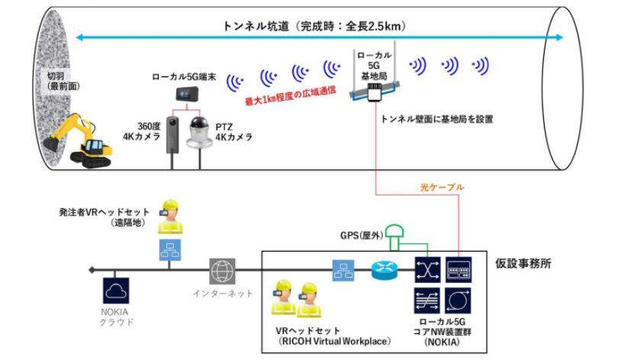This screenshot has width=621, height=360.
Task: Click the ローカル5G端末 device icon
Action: pos(182,94)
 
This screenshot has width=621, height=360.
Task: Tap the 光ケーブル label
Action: pos(442,186)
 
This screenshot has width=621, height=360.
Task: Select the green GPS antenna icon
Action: pos(395,233)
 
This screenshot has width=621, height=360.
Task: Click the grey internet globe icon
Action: pos(222,270)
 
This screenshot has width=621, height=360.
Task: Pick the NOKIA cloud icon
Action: pos(114,290)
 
